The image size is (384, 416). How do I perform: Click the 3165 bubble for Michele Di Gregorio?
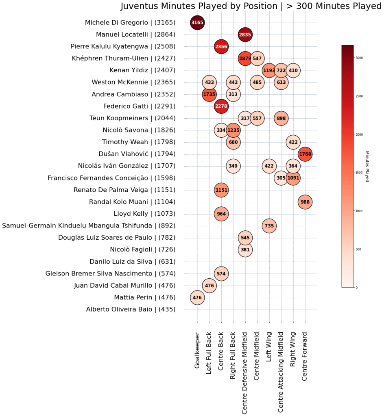click(x=197, y=23)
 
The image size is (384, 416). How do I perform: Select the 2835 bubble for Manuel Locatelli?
click(x=245, y=35)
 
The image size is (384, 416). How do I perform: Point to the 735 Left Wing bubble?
click(x=269, y=226)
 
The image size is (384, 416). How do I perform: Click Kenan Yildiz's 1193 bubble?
click(x=269, y=71)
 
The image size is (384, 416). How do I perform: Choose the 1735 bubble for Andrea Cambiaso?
click(x=209, y=94)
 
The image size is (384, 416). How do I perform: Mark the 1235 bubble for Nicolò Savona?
click(x=233, y=130)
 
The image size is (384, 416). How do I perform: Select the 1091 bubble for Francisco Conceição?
click(x=293, y=178)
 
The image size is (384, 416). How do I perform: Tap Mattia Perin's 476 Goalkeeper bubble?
click(x=197, y=297)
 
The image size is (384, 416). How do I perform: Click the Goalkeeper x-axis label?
click(x=197, y=351)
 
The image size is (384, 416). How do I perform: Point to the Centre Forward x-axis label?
click(x=305, y=356)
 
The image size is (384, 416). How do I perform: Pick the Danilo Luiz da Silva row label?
click(x=133, y=262)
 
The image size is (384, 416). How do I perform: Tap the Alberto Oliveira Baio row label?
click(x=131, y=310)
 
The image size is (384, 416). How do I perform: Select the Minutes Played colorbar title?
click(x=367, y=166)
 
